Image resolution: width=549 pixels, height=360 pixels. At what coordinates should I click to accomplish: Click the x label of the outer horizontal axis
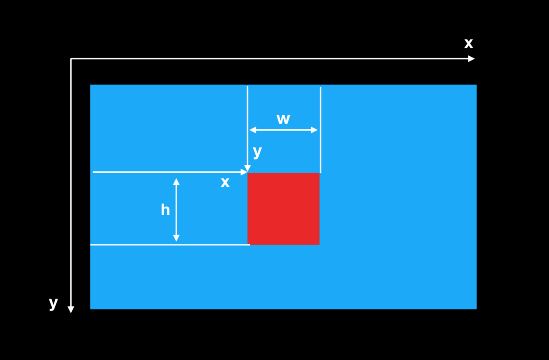468,44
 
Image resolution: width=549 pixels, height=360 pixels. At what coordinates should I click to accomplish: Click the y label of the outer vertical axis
54,304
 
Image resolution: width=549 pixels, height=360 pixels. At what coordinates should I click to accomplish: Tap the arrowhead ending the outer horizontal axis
472,59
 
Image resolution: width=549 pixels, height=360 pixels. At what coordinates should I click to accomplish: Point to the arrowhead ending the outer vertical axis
71,310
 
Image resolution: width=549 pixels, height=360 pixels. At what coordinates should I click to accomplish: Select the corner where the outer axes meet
71,59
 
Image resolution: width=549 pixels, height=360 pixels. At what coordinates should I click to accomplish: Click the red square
283,209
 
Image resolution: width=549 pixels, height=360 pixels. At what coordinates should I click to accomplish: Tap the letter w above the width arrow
283,119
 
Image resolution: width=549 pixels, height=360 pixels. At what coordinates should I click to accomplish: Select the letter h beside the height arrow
165,210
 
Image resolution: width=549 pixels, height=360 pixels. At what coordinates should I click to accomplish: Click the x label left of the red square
225,183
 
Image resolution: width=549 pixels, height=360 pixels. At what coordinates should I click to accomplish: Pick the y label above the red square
257,152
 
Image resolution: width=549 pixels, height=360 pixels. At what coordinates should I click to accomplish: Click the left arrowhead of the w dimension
253,130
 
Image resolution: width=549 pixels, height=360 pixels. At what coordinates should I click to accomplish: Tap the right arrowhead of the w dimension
314,130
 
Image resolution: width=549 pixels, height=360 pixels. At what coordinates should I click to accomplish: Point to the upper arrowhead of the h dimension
176,182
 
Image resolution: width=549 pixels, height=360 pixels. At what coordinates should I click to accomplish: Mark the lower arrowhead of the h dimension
176,238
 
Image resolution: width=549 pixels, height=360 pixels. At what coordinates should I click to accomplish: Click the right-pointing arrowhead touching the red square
244,172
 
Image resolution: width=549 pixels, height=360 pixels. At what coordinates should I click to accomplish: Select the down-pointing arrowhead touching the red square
247,168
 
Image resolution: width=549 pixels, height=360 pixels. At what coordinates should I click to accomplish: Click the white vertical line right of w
321,130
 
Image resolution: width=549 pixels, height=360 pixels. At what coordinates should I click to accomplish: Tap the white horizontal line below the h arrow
170,244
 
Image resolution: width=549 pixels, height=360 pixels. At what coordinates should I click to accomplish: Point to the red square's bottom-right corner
320,244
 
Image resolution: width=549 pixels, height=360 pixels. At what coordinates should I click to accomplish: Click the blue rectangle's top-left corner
90,85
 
